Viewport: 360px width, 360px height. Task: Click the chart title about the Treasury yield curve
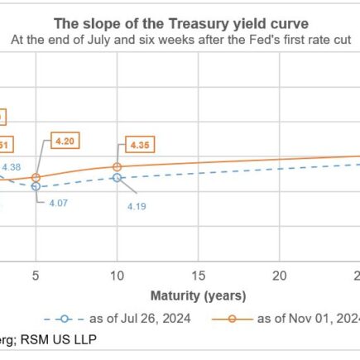click(181, 23)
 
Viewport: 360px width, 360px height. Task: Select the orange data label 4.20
click(64, 142)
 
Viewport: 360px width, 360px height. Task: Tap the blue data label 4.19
click(137, 205)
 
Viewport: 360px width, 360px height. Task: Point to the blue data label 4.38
click(12, 167)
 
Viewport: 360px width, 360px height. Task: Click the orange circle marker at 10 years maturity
click(117, 166)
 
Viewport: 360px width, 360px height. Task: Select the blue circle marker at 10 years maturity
click(117, 177)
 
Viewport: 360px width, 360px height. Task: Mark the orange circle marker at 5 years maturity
click(36, 177)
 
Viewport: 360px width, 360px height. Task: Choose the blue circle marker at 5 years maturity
click(36, 186)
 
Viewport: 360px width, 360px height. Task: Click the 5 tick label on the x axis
click(36, 274)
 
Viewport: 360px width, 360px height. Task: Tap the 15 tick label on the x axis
click(198, 274)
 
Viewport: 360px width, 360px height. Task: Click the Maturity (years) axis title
click(198, 295)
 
